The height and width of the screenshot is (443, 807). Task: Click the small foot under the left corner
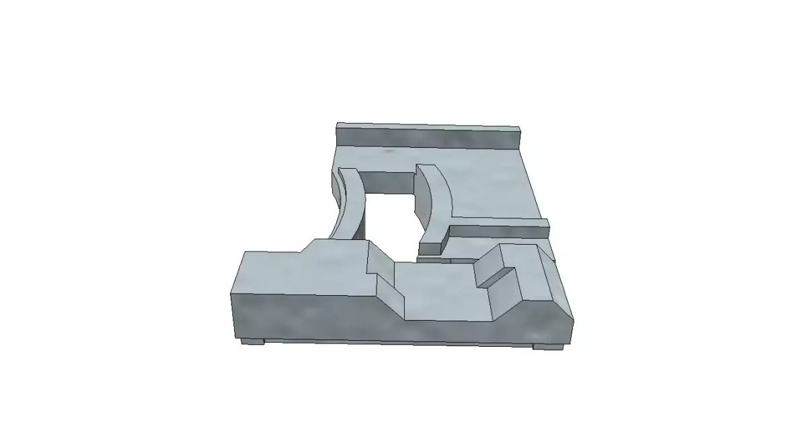click(253, 341)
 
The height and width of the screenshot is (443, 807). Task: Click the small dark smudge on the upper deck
click(389, 152)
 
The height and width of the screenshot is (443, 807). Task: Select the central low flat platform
click(437, 289)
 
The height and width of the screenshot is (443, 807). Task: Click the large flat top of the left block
click(296, 272)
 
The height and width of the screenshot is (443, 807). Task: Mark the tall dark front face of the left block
click(303, 316)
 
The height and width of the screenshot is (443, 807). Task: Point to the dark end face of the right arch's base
click(431, 246)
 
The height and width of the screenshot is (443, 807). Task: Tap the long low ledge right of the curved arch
click(498, 231)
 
